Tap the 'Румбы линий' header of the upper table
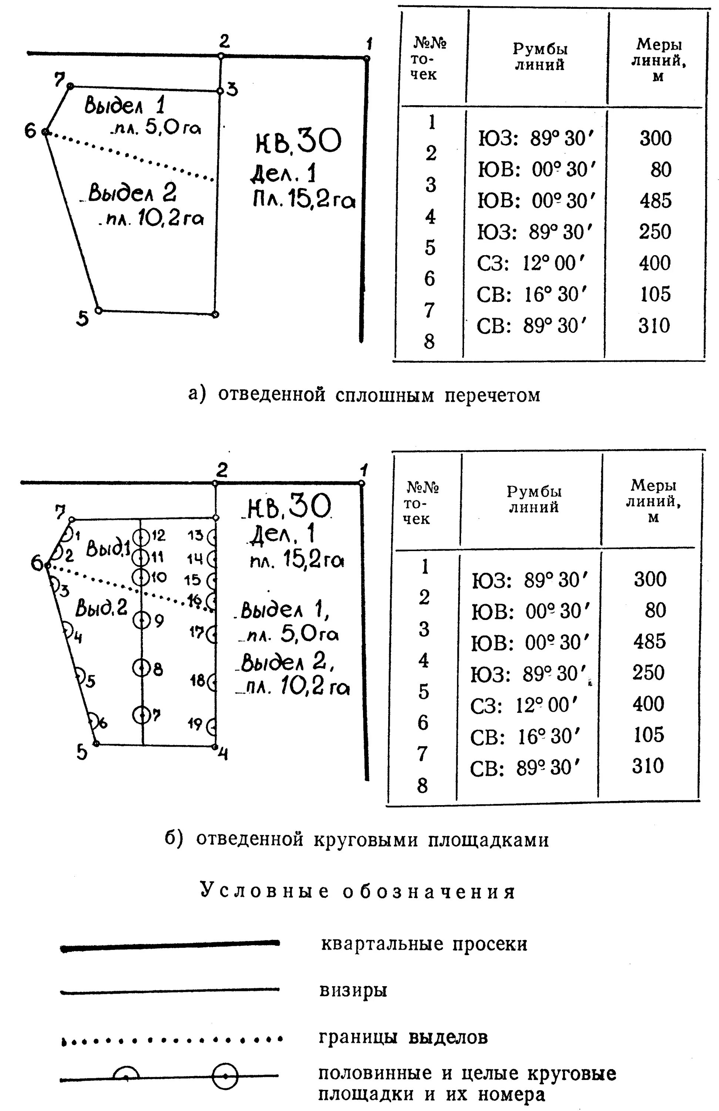540,57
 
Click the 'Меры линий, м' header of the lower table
653,501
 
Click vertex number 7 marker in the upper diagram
70,86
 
